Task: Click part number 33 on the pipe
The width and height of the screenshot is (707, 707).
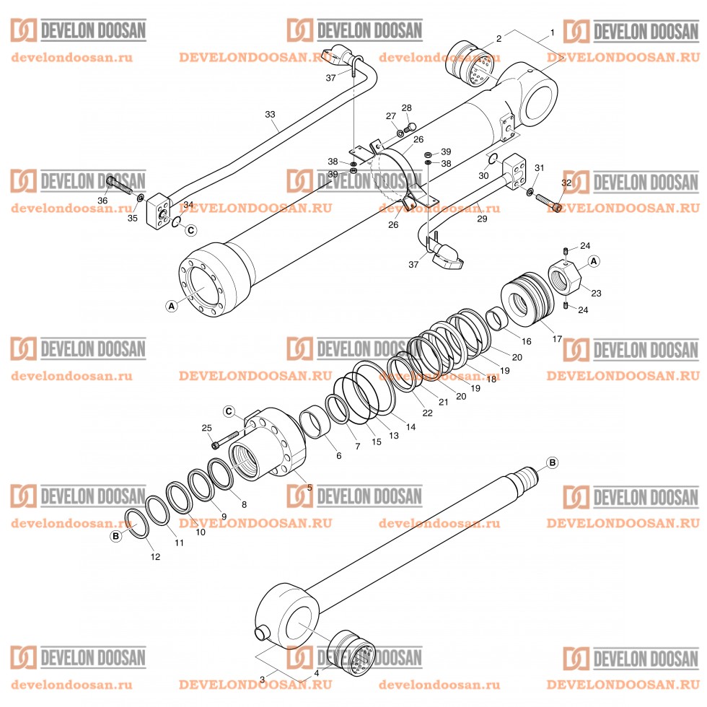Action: tap(271, 115)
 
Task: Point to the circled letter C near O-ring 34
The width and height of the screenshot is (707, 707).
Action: tap(190, 231)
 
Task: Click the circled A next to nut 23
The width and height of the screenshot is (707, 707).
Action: tap(593, 261)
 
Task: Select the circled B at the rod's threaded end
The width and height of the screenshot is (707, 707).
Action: tap(553, 462)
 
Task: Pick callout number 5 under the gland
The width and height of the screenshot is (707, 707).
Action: tap(309, 488)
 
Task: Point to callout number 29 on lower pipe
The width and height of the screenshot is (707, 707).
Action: tap(481, 218)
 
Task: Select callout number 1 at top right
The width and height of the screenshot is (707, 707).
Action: tap(552, 33)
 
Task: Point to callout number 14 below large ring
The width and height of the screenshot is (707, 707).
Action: tap(410, 427)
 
